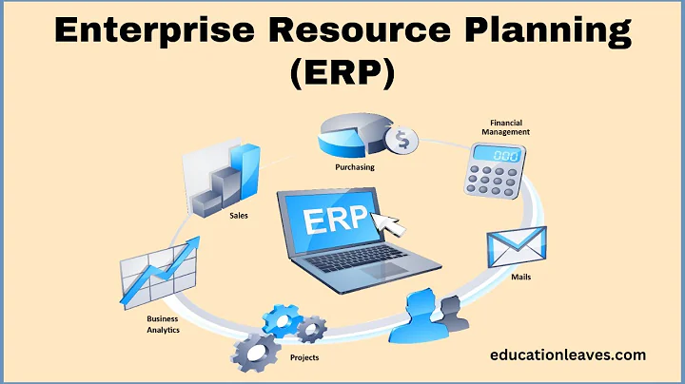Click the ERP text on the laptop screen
[335, 221]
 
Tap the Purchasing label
[354, 167]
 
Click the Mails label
[519, 278]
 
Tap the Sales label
[239, 215]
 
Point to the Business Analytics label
[162, 324]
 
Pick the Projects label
[304, 357]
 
